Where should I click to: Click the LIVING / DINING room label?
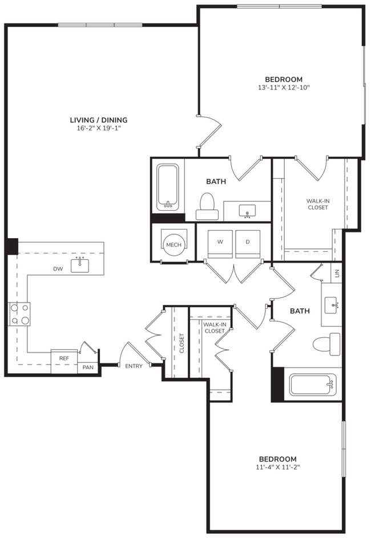click(98, 120)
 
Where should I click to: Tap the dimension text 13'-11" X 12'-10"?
click(284, 88)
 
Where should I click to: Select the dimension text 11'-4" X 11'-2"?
click(278, 467)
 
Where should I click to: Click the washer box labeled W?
click(220, 242)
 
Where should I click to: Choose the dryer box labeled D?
click(248, 242)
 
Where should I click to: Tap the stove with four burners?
click(19, 314)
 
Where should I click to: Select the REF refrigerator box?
click(64, 358)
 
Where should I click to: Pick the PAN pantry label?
click(88, 367)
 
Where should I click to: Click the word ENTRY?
click(134, 366)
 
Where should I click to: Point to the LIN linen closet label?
click(337, 273)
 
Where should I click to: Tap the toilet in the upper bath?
click(207, 207)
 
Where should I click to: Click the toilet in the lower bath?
click(326, 344)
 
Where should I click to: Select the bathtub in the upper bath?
click(168, 187)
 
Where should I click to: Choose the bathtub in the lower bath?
click(312, 385)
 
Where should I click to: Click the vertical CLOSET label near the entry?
click(182, 343)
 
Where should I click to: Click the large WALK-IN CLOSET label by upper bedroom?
click(317, 203)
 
